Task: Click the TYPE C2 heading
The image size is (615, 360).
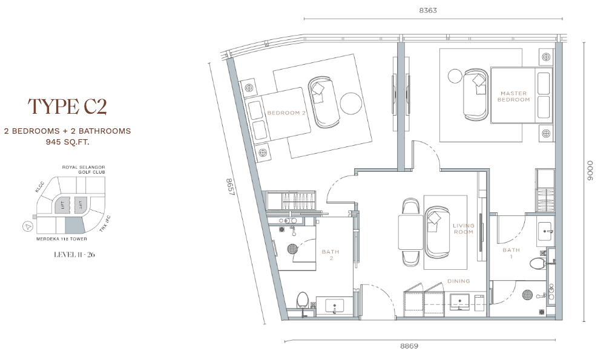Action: (67, 106)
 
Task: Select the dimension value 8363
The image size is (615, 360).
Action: (428, 11)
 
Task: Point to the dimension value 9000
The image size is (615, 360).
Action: (590, 171)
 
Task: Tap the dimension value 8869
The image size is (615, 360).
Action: (409, 346)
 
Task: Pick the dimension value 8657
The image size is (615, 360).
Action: (230, 187)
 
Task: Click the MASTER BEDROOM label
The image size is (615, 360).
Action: (513, 96)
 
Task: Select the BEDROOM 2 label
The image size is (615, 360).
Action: (286, 113)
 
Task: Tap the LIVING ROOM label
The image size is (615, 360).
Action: (463, 229)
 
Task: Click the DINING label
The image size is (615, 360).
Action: (458, 281)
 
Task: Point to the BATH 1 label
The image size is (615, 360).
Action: (511, 253)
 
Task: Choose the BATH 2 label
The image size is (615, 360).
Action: (331, 255)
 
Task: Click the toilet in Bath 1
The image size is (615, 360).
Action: (537, 263)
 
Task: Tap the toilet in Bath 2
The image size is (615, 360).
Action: (303, 300)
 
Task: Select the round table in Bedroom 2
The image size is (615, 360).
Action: (350, 103)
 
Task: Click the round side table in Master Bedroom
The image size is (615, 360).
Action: (455, 76)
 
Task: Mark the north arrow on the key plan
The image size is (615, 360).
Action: (27, 226)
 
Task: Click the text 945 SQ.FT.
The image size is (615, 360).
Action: (67, 142)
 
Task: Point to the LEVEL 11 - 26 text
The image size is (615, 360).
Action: (74, 255)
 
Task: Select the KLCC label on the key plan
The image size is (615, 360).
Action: (39, 187)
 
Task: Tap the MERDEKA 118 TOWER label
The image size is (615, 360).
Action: (62, 239)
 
